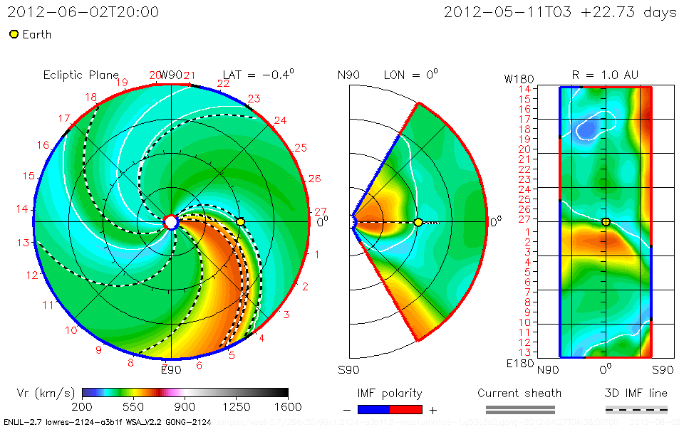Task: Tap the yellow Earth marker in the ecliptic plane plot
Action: point(241,222)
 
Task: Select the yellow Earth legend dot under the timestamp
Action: point(14,34)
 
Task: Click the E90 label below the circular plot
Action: point(170,369)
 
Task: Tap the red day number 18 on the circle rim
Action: point(90,97)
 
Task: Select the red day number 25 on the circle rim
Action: point(300,148)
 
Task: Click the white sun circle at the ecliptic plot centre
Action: point(171,222)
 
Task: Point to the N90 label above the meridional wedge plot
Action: point(349,75)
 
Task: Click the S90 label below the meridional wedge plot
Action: point(349,369)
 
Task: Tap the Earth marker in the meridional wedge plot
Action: point(418,222)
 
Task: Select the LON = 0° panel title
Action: point(410,75)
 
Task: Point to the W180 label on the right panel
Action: point(518,76)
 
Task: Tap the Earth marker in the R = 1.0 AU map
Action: point(606,222)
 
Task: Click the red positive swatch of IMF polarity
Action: point(406,409)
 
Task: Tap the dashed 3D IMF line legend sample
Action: point(636,409)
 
